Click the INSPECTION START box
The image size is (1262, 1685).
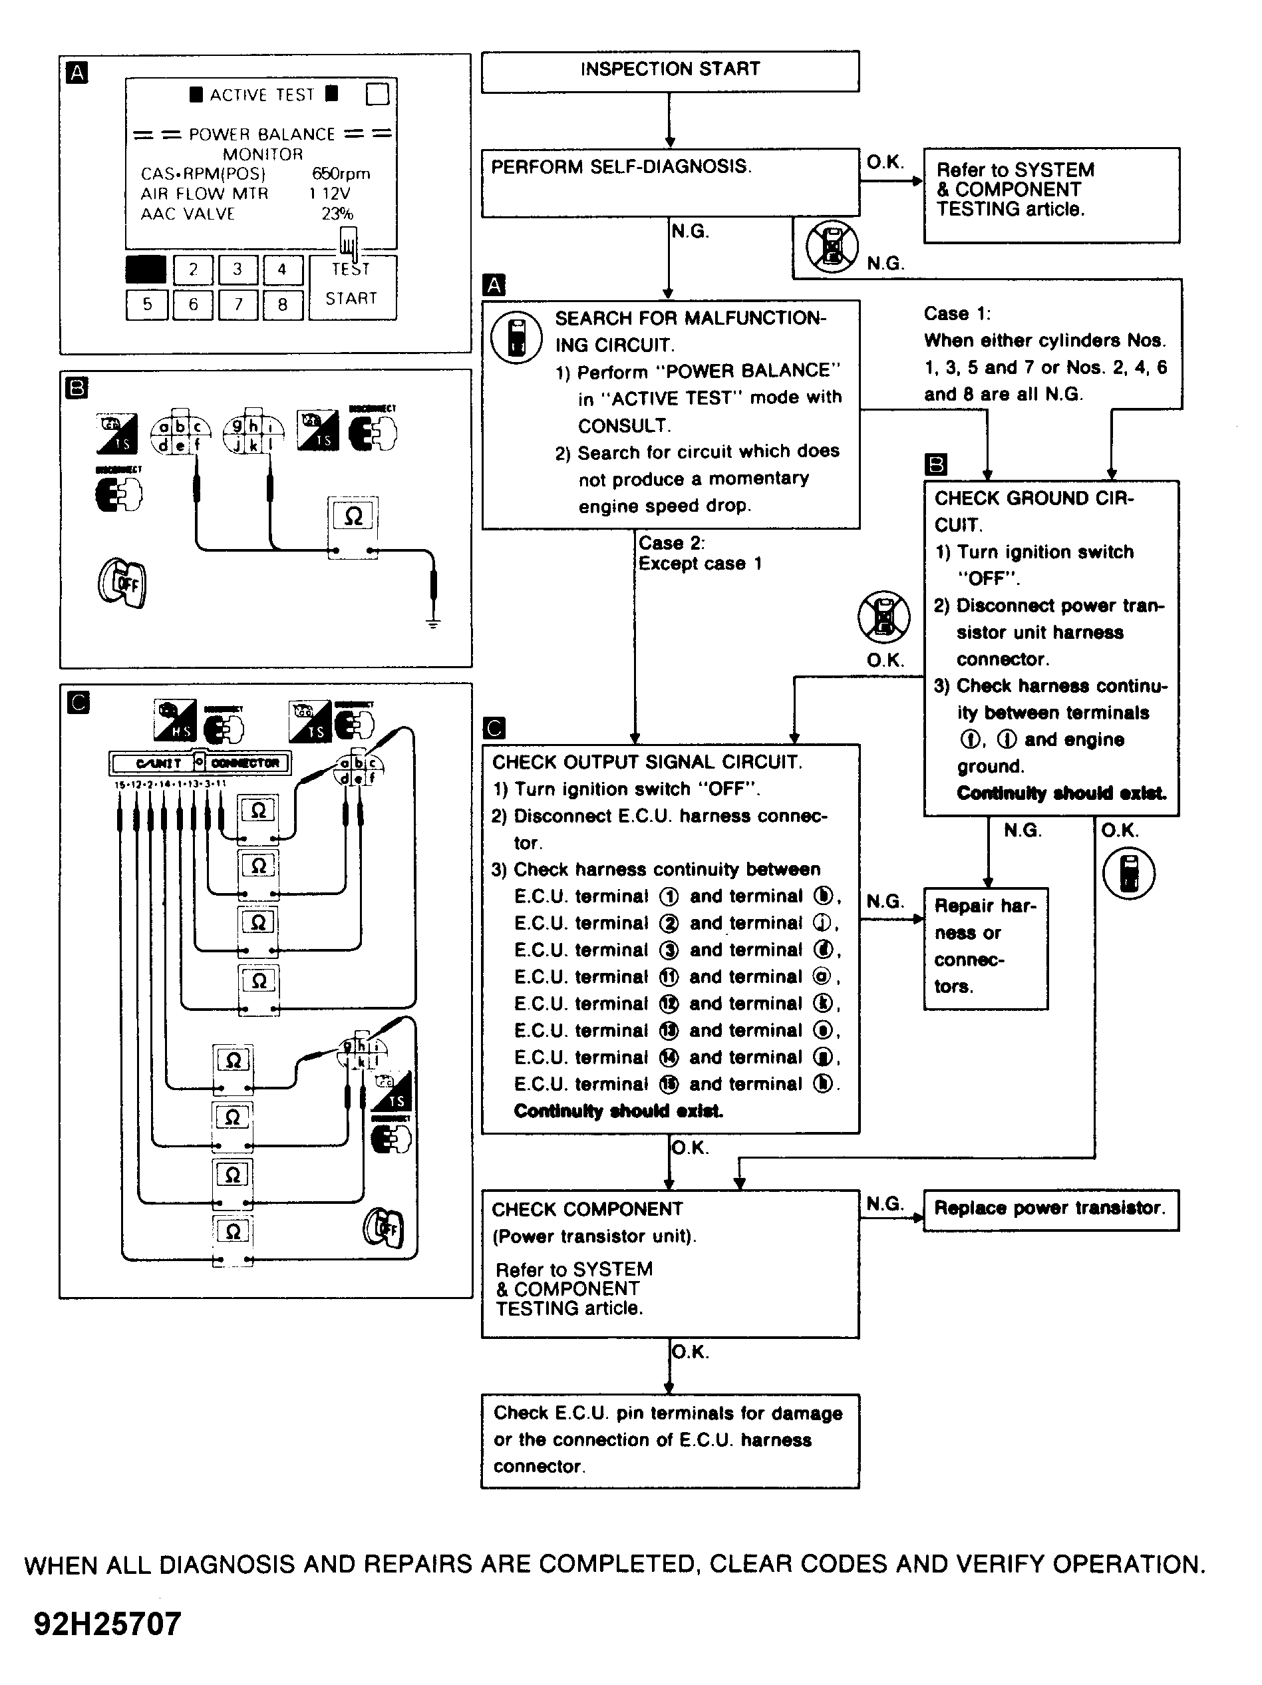point(669,71)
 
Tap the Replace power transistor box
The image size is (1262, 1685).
point(1050,1210)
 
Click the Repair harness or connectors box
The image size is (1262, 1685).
point(985,948)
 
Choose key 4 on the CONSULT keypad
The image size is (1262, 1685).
point(283,270)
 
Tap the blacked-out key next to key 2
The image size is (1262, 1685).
point(146,270)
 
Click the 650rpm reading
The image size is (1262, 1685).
point(341,174)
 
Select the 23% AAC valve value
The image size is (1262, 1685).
point(337,214)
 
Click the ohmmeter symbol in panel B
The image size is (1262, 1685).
point(353,517)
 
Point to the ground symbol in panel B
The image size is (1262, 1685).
point(432,623)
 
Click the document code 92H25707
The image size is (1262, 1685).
point(107,1623)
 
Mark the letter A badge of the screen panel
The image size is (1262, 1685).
point(77,73)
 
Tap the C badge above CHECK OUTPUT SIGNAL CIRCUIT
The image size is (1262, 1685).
point(494,729)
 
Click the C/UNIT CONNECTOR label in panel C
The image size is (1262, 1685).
point(200,763)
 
